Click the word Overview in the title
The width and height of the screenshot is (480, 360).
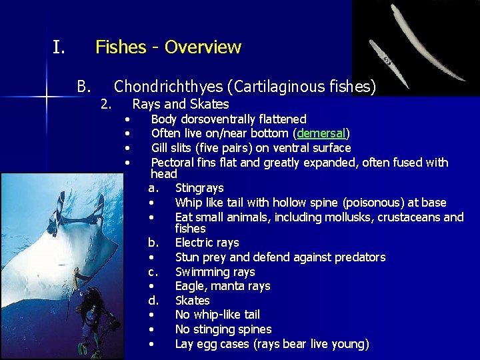[203, 47]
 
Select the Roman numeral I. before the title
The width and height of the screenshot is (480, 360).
[59, 47]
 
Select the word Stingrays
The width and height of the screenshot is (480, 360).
[199, 188]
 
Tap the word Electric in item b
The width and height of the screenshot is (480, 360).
[195, 243]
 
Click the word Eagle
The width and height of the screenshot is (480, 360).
[191, 286]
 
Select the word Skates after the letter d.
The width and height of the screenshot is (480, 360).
[192, 301]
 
